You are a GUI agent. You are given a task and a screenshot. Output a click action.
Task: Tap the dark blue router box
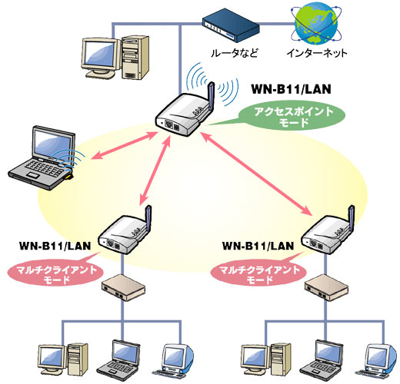coord(231,25)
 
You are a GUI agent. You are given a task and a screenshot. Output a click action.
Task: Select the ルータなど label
coord(235,53)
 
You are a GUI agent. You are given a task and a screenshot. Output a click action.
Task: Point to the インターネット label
coord(317,53)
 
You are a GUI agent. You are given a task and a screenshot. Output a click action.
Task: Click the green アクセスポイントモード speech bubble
coord(292,117)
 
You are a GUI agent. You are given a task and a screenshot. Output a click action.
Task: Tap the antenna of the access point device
coord(211,96)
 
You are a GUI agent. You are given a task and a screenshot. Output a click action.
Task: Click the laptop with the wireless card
coord(42,157)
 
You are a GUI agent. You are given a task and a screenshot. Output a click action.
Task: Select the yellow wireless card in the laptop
coord(68,177)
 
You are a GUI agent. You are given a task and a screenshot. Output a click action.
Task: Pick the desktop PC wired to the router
coord(115,58)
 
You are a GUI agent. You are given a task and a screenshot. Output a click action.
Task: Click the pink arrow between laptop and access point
coord(124,145)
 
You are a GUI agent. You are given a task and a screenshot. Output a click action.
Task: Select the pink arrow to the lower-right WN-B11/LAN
coord(256,174)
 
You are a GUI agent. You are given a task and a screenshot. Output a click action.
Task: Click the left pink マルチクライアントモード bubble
coord(55,274)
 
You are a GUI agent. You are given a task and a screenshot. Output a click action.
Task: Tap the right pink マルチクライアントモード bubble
coord(258,274)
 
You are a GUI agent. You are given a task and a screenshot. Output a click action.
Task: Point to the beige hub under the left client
coord(124,287)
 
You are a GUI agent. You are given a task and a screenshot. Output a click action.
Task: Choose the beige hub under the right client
coord(326,287)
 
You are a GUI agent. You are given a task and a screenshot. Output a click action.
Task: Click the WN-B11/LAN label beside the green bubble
coord(291,89)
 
